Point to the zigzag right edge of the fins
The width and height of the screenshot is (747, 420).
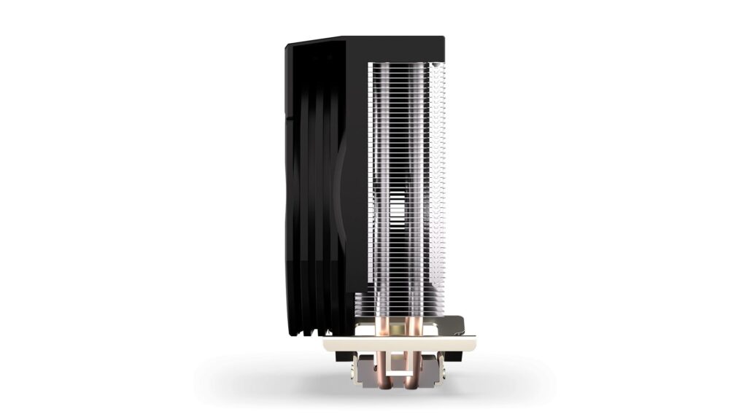[442, 182]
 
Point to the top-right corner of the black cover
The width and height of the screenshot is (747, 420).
[442, 39]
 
